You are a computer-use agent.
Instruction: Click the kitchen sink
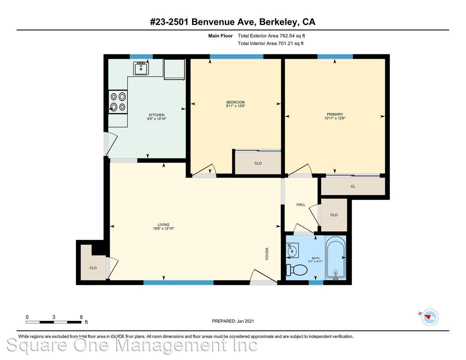click(x=141, y=68)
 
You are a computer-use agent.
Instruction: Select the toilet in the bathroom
click(x=297, y=270)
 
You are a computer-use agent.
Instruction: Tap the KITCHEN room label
click(x=157, y=115)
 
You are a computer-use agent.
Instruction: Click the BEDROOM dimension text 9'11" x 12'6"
click(x=235, y=106)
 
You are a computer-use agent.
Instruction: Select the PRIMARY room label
click(x=335, y=114)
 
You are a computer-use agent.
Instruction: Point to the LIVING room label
click(x=163, y=225)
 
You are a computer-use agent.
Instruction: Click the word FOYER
click(x=267, y=254)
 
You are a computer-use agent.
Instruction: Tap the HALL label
click(x=301, y=205)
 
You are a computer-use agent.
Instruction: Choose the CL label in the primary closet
click(x=353, y=186)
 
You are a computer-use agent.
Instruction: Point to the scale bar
click(x=54, y=322)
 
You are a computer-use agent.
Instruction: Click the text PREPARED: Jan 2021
click(x=233, y=321)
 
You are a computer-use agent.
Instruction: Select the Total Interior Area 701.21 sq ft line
click(x=271, y=44)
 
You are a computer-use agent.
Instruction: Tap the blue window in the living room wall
click(x=178, y=283)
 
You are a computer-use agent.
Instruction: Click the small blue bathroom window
click(x=316, y=283)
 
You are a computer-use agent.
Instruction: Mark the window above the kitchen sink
click(x=141, y=57)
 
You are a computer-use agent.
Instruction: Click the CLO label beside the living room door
click(x=93, y=268)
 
